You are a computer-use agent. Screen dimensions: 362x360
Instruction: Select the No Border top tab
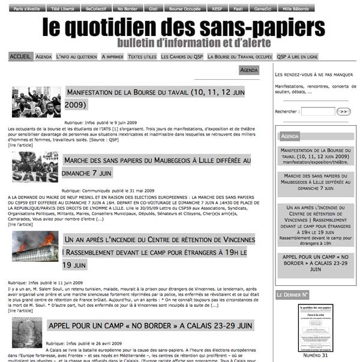pos(127,9)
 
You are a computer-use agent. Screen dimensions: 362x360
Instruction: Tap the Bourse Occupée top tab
pos(184,9)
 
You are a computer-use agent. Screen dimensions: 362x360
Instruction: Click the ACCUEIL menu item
pos(20,56)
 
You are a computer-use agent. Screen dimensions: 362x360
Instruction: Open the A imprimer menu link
pos(112,57)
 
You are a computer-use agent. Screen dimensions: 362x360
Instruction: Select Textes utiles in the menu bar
pos(142,57)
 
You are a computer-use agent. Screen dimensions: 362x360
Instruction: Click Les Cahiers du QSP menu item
pos(182,57)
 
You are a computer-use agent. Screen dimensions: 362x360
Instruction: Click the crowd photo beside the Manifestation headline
pos(36,102)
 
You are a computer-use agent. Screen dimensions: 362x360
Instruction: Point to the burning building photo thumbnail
pos(35,246)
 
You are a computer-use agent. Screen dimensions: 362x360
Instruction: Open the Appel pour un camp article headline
pos(149,325)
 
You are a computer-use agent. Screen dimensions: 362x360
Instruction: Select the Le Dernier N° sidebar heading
pos(293,295)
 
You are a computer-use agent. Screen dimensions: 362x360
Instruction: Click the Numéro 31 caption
pos(316,355)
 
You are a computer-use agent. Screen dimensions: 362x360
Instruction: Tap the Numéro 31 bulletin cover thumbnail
pos(316,327)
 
